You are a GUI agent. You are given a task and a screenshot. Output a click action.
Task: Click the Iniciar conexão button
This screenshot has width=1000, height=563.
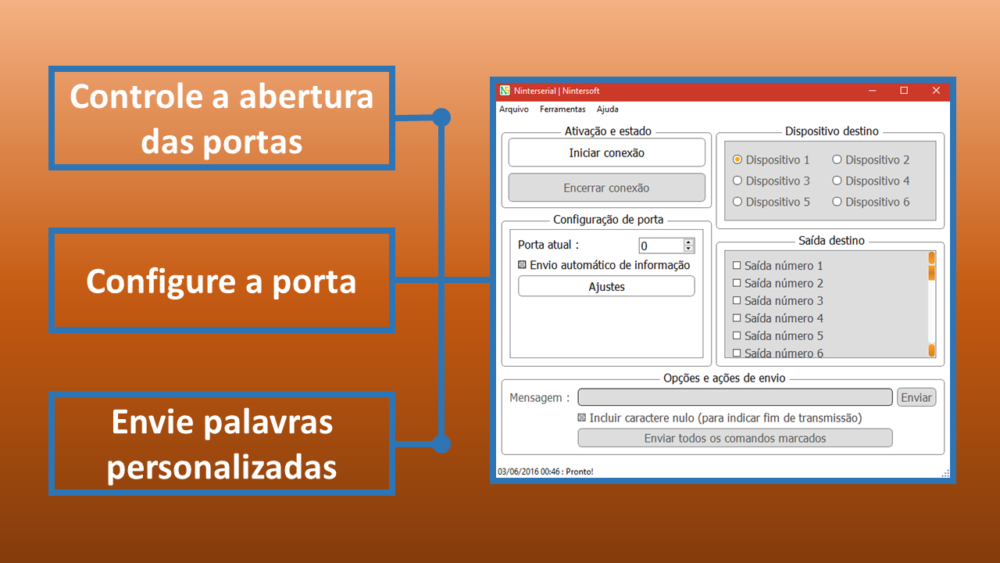click(607, 152)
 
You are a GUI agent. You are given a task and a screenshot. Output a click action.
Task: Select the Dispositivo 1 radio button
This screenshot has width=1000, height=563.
click(737, 160)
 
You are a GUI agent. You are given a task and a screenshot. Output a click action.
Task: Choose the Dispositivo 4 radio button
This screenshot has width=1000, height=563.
click(837, 181)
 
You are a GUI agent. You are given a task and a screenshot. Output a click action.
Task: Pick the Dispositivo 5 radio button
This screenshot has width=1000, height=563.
click(737, 202)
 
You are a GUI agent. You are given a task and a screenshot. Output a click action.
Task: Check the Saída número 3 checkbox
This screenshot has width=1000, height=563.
click(737, 300)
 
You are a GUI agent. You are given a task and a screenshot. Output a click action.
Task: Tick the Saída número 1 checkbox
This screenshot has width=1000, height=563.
click(737, 265)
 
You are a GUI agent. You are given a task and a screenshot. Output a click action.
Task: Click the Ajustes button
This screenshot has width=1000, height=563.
click(606, 286)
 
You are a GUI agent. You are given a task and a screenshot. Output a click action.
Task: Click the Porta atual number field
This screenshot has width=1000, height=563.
click(661, 246)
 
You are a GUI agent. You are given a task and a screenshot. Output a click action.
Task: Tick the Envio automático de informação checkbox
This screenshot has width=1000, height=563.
click(522, 264)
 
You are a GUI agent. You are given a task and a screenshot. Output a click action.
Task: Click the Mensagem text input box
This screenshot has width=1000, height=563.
click(735, 397)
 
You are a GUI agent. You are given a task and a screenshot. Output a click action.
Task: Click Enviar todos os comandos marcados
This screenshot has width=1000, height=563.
click(735, 438)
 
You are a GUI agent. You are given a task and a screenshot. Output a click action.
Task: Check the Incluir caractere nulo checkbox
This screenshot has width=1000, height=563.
click(582, 418)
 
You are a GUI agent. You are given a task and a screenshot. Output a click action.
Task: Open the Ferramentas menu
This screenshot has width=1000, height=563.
click(562, 109)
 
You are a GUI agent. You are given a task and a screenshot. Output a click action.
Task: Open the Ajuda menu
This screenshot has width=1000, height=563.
click(608, 109)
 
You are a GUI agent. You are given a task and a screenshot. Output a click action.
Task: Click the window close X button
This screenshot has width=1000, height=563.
click(936, 91)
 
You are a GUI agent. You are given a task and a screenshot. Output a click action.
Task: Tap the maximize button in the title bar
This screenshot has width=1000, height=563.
click(904, 91)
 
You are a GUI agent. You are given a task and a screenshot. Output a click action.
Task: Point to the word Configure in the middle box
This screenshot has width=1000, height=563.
click(162, 282)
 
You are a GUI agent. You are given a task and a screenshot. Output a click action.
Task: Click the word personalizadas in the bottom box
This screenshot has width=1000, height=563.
click(222, 468)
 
